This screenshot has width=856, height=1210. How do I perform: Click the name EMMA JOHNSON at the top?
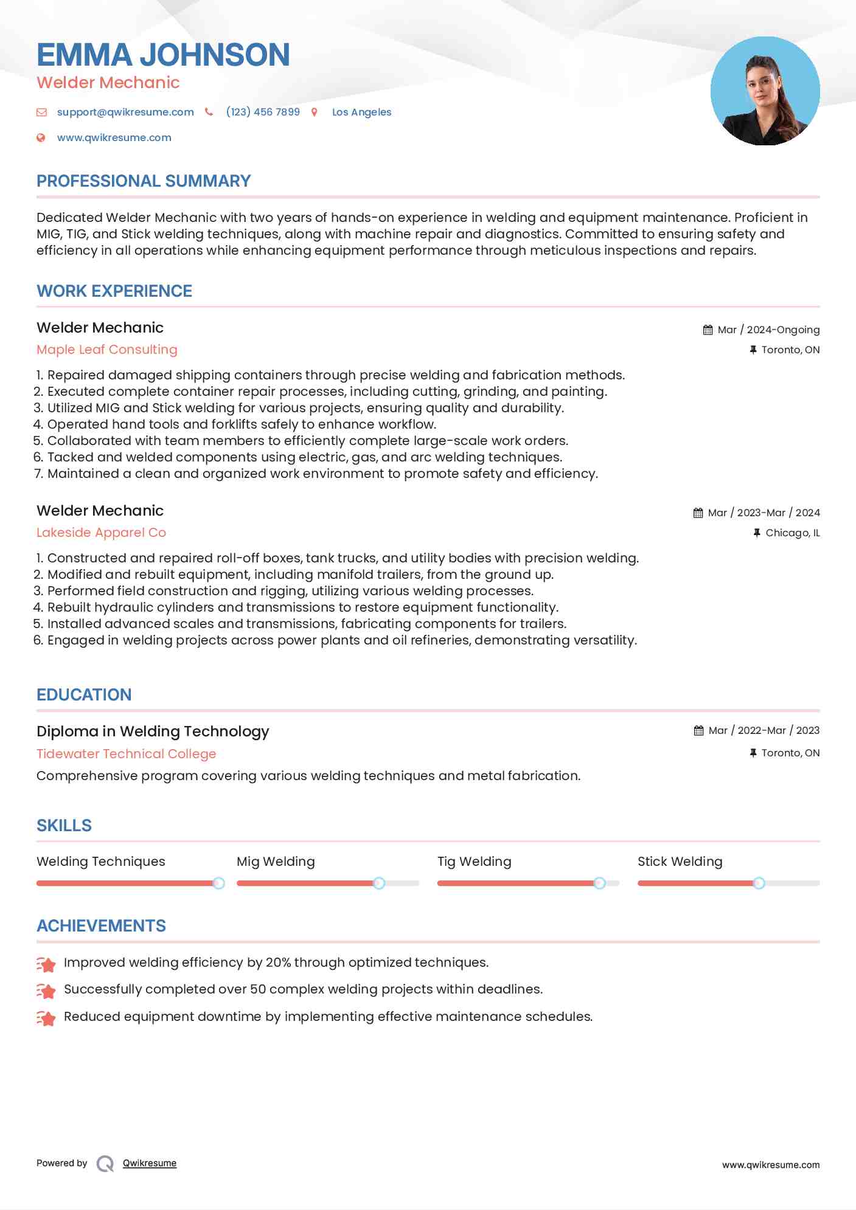163,55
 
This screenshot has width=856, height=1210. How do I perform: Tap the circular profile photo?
765,91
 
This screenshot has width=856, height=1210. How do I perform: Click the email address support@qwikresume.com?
125,112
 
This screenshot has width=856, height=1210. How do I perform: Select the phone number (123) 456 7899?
263,112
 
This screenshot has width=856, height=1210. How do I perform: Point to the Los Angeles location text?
361,112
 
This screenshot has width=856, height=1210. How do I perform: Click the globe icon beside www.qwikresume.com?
41,138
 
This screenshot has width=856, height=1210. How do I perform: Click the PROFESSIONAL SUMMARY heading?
144,181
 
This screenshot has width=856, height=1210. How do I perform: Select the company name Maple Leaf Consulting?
107,350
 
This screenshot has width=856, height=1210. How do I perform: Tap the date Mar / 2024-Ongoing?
768,330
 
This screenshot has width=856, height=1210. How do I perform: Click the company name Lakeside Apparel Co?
101,533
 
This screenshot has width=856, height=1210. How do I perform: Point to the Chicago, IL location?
792,533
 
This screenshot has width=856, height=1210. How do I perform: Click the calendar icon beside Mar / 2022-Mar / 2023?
698,731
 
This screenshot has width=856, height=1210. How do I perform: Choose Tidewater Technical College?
126,754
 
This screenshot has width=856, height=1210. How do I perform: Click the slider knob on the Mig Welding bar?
379,883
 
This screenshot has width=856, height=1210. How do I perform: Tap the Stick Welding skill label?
680,862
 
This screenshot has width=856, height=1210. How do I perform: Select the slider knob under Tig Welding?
599,883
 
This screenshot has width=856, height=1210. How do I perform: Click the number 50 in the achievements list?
258,989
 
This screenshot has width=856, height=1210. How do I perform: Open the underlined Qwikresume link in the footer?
150,1163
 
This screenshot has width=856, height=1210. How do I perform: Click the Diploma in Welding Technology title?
153,731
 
